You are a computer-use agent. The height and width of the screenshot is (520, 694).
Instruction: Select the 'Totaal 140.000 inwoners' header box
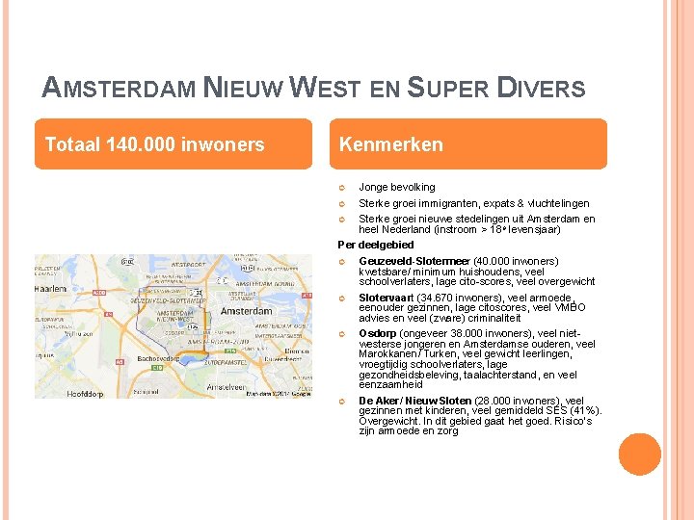pyautogui.click(x=173, y=144)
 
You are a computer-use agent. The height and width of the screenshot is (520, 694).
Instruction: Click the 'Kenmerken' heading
pyautogui.click(x=391, y=144)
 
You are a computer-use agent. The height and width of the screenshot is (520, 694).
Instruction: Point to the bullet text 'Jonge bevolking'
pyautogui.click(x=397, y=187)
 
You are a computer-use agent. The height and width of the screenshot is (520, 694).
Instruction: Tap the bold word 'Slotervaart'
pyautogui.click(x=387, y=298)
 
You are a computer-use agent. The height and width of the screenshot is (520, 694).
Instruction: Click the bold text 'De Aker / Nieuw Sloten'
pyautogui.click(x=415, y=400)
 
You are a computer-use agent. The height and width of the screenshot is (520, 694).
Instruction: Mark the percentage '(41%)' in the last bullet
pyautogui.click(x=585, y=410)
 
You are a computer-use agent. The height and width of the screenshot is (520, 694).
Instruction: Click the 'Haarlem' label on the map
pyautogui.click(x=50, y=288)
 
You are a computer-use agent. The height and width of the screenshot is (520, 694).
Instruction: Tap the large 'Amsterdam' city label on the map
pyautogui.click(x=247, y=312)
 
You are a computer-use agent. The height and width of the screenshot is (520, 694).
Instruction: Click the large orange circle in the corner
pyautogui.click(x=640, y=455)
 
